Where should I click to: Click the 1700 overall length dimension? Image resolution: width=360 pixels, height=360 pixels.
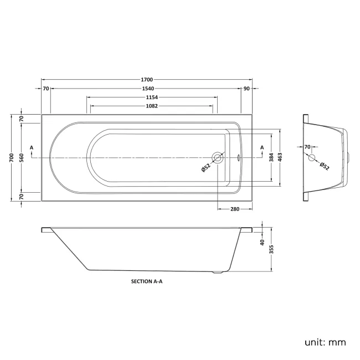(x=146, y=80)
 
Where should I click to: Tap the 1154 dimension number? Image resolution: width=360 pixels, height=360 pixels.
(x=151, y=97)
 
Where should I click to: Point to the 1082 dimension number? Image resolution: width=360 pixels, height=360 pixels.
(x=151, y=106)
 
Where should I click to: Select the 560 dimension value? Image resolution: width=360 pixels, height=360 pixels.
(x=21, y=158)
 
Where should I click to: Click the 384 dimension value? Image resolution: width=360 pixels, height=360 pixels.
(x=271, y=158)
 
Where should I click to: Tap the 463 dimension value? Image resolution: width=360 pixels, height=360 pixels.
(x=280, y=158)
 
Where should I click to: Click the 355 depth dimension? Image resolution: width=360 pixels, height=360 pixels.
(x=271, y=249)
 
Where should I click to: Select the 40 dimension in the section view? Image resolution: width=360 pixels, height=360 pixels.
(x=263, y=241)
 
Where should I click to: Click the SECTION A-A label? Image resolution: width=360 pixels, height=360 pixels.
(x=146, y=281)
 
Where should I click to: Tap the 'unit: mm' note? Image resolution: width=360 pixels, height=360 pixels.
(x=325, y=342)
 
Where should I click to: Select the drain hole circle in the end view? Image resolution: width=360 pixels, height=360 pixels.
(x=312, y=158)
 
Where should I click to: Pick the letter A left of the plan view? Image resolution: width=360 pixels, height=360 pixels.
(x=32, y=147)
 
